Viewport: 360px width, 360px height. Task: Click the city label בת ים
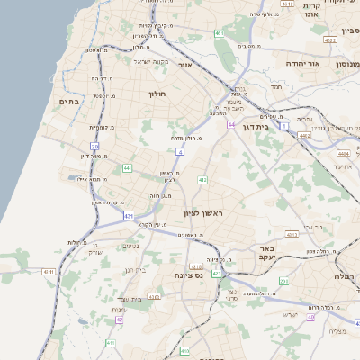click(x=69, y=103)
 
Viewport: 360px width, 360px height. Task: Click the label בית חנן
click(x=131, y=299)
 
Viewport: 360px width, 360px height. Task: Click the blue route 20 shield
click(x=94, y=146)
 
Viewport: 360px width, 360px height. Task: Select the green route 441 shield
click(x=128, y=168)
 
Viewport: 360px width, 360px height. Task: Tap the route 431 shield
click(x=130, y=216)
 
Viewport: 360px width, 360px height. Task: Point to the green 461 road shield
click(x=219, y=34)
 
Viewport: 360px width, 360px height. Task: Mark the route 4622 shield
click(x=330, y=40)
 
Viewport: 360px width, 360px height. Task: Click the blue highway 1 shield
click(x=284, y=127)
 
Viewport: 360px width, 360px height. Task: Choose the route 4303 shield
click(x=154, y=295)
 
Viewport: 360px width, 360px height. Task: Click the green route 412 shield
click(x=202, y=181)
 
